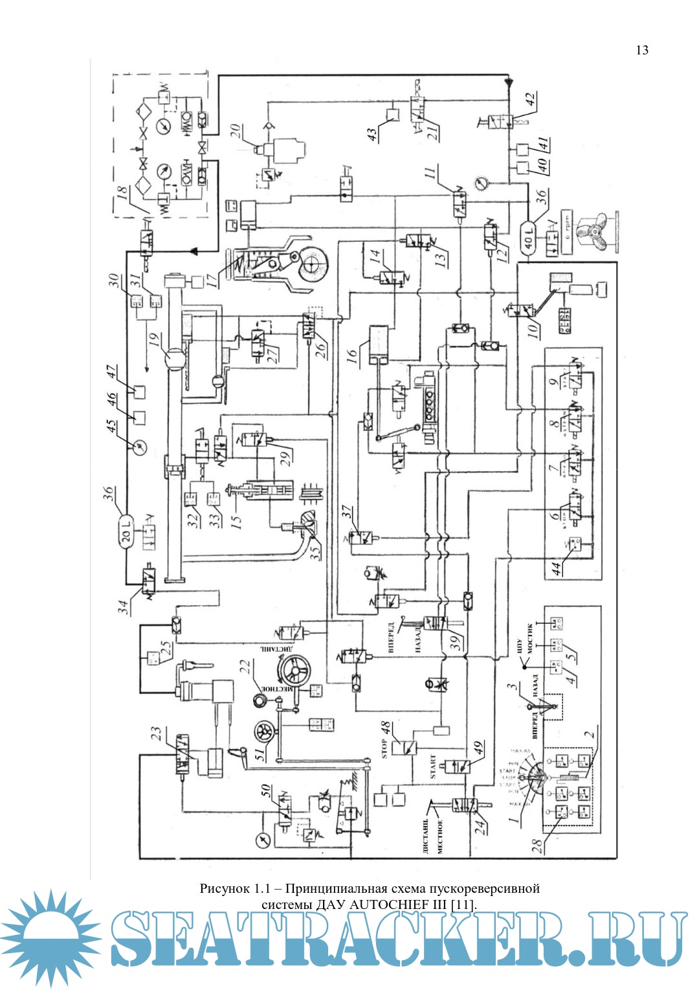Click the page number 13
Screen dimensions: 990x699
click(641, 51)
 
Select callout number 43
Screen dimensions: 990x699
click(372, 135)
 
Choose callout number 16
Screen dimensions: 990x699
click(351, 356)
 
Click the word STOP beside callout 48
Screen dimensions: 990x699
click(384, 748)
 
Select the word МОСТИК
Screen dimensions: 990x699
click(529, 638)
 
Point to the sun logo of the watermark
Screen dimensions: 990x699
click(49, 938)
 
